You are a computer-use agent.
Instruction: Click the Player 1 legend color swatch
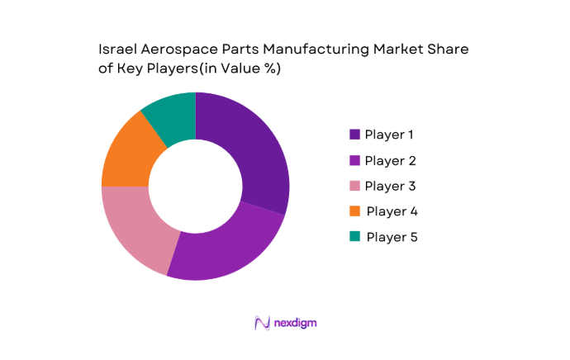click(x=354, y=134)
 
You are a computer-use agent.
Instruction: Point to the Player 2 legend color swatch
click(x=354, y=159)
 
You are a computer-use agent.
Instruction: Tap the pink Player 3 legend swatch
click(x=354, y=185)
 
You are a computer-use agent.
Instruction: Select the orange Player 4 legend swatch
click(x=354, y=211)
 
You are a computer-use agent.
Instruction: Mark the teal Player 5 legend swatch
click(x=354, y=237)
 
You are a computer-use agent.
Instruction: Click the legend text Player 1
click(x=391, y=134)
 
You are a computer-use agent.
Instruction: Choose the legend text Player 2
click(x=391, y=159)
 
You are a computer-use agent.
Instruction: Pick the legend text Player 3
click(x=391, y=185)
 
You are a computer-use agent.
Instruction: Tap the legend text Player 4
click(x=392, y=211)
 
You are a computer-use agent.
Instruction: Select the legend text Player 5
click(x=392, y=237)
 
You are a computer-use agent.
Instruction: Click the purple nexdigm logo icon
click(x=263, y=323)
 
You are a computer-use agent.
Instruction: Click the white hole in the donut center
click(x=195, y=187)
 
